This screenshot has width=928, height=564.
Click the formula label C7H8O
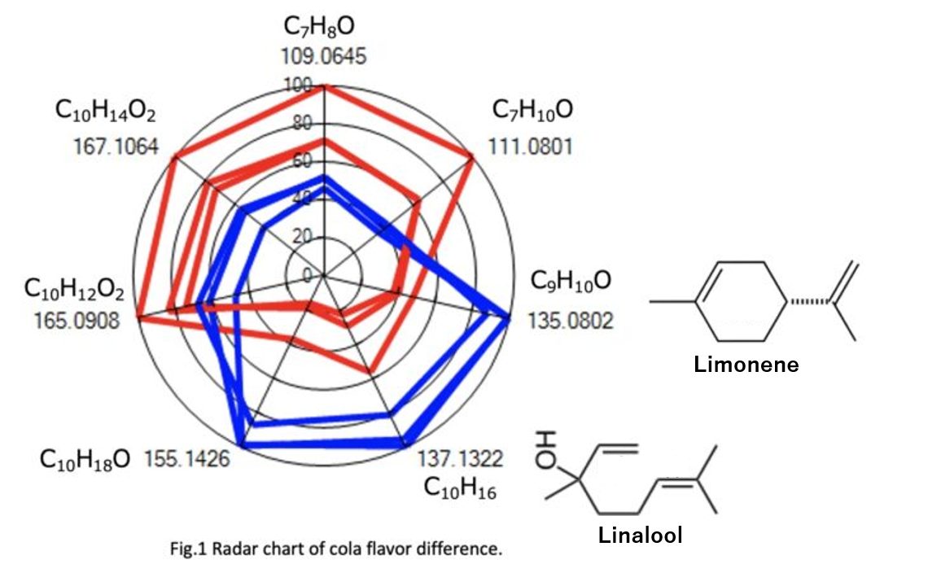click(x=319, y=28)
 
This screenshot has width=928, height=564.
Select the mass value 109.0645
click(x=324, y=57)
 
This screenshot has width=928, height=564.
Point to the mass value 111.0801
click(x=531, y=146)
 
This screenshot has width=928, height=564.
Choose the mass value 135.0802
click(x=571, y=321)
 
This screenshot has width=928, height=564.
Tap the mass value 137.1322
click(x=460, y=458)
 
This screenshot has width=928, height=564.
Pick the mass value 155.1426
click(x=186, y=458)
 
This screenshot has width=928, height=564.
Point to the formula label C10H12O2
click(x=74, y=289)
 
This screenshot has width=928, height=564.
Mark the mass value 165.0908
click(x=77, y=320)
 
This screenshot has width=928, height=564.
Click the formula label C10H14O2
click(x=106, y=111)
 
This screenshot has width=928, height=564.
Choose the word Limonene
click(x=746, y=365)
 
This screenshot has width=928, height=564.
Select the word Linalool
click(x=640, y=536)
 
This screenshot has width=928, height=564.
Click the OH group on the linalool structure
click(x=544, y=448)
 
